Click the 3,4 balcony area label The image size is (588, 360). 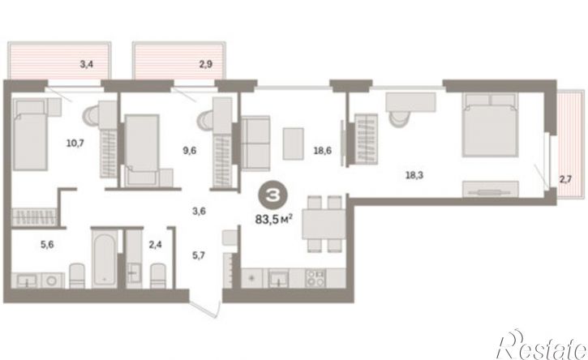pyautogui.click(x=87, y=64)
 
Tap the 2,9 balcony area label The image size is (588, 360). pyautogui.click(x=205, y=64)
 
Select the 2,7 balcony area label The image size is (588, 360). pyautogui.click(x=565, y=179)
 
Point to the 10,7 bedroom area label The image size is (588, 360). pyautogui.click(x=75, y=143)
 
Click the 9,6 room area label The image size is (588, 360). pyautogui.click(x=189, y=150)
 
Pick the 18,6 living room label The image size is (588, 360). pyautogui.click(x=323, y=150)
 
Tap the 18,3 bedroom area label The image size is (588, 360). pyautogui.click(x=414, y=175)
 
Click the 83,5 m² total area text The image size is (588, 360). pyautogui.click(x=273, y=219)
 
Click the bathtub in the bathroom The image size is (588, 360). pyautogui.click(x=104, y=259)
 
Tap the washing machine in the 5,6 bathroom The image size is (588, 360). pyautogui.click(x=53, y=280)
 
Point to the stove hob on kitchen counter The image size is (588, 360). pyautogui.click(x=315, y=278)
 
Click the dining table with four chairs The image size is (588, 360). pyautogui.click(x=324, y=224)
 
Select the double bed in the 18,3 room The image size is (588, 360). pyautogui.click(x=490, y=125)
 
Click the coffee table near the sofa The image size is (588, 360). pyautogui.click(x=294, y=144)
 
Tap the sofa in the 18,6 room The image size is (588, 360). pyautogui.click(x=255, y=144)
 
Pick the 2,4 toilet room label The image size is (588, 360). pyautogui.click(x=155, y=245)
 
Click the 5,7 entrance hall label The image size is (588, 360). pyautogui.click(x=199, y=255)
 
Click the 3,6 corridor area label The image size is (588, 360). pyautogui.click(x=199, y=211)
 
